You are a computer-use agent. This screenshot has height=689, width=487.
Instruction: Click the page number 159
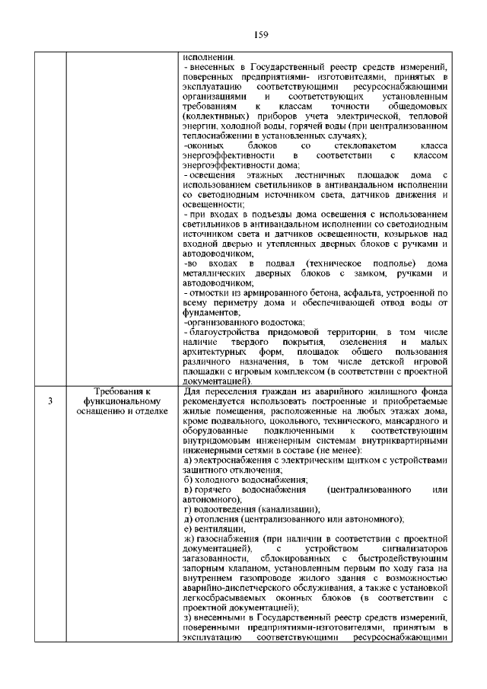pyautogui.click(x=243, y=34)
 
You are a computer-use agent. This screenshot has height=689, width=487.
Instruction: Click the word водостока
pyautogui.click(x=261, y=322)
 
